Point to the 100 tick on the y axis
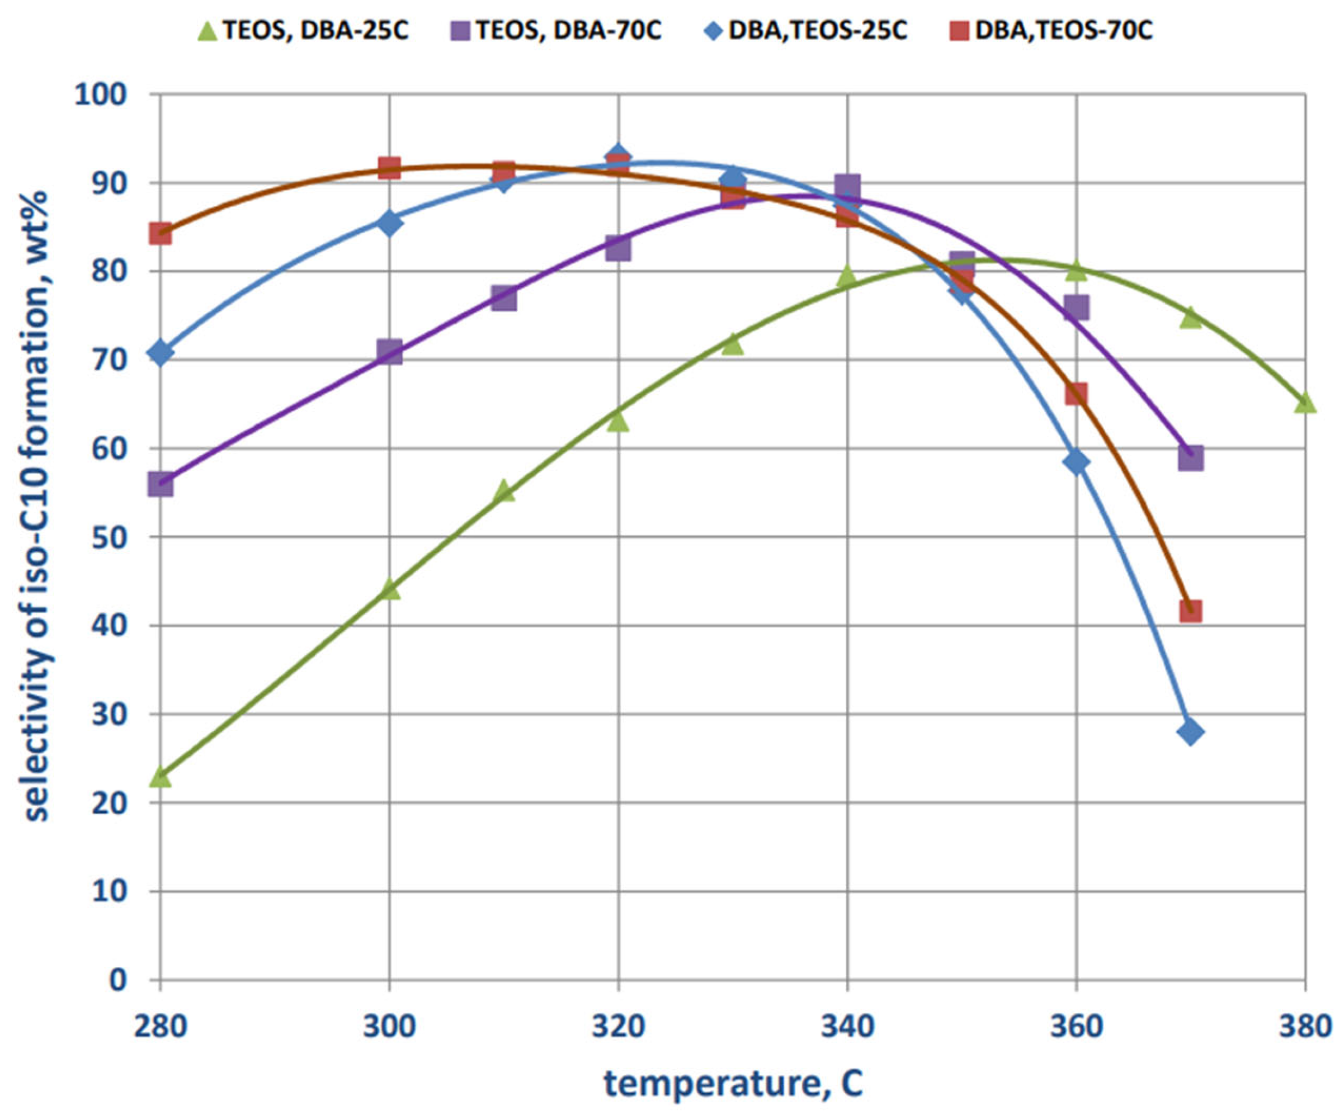click(101, 95)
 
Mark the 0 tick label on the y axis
click(118, 979)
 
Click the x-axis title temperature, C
click(733, 1084)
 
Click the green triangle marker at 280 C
click(161, 777)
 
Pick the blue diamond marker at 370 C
click(1190, 732)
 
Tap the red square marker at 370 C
click(1190, 612)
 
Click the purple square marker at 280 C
click(161, 485)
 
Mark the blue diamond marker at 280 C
click(161, 352)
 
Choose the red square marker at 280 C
click(161, 234)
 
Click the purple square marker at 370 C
click(1190, 458)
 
